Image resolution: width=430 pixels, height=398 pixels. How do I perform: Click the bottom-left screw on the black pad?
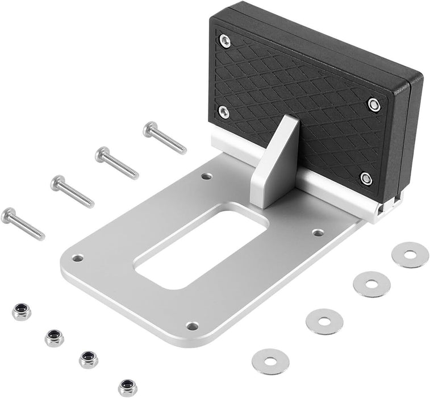(224, 111)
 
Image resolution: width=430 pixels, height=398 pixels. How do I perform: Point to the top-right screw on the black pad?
(373, 104)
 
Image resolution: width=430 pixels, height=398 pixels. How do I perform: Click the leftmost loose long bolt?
(23, 223)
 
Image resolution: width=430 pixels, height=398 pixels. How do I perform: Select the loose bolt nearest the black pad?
(164, 138)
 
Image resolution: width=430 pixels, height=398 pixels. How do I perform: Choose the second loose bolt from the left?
(72, 192)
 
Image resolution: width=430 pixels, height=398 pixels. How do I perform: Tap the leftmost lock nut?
(21, 312)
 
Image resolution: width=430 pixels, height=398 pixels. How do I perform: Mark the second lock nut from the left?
(55, 338)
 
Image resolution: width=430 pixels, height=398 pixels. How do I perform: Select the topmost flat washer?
(410, 255)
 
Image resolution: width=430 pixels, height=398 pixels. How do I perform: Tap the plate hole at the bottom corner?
(193, 326)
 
